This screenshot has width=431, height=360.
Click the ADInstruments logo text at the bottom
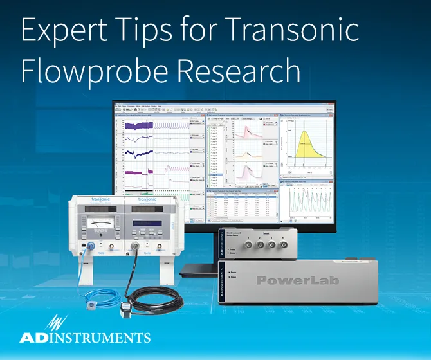click(84, 337)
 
